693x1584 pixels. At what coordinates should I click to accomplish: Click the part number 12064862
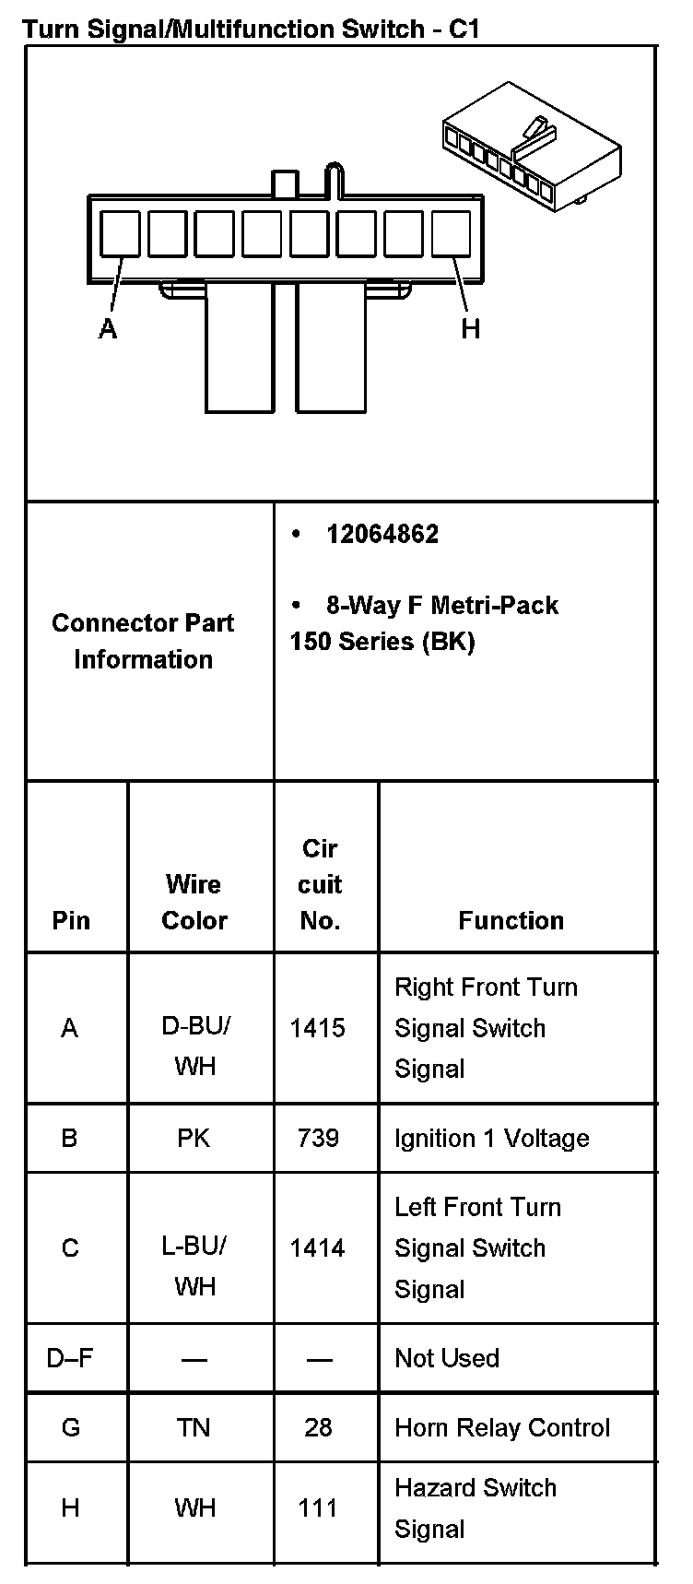(382, 534)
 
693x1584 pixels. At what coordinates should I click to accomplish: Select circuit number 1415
(318, 1028)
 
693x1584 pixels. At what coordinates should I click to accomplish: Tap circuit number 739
(318, 1138)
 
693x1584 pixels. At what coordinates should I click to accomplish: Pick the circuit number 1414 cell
(318, 1247)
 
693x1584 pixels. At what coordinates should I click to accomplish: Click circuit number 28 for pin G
(318, 1427)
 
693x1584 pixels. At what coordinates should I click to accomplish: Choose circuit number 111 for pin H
(318, 1507)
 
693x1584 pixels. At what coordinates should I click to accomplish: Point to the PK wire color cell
(194, 1138)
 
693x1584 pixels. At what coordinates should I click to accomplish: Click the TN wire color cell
(194, 1427)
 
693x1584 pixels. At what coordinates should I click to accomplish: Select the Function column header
(511, 920)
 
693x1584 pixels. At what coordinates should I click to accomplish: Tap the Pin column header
(71, 920)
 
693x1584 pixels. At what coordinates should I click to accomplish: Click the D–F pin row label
(70, 1358)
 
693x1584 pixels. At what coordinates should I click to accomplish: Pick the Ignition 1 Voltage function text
(491, 1138)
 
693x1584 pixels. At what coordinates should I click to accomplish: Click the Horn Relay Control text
(502, 1427)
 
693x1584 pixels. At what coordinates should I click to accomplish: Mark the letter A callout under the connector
(108, 329)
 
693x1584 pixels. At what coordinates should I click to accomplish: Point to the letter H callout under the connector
(471, 329)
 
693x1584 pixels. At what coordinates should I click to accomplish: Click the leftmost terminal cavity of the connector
(120, 233)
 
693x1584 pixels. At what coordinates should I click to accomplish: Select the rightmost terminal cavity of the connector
(451, 233)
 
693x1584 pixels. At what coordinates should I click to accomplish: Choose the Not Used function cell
(447, 1358)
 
